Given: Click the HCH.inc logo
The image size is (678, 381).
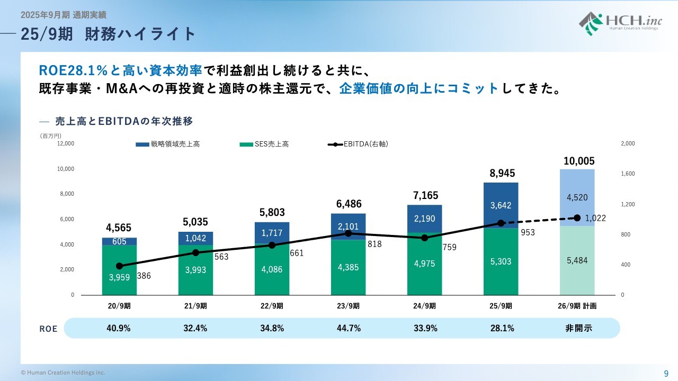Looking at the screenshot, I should point(619,23).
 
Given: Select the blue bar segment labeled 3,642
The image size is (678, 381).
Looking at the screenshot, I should point(501,205).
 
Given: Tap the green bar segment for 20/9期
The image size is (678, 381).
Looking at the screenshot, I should point(119,270).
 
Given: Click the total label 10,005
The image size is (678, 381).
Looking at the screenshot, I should point(579,161).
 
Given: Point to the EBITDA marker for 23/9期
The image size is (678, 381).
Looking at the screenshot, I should point(348,233).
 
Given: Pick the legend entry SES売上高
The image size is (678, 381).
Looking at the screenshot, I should point(264,144).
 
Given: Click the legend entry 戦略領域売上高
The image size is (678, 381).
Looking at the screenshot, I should point(168,144).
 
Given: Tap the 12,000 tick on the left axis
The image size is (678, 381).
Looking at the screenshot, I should point(66,143).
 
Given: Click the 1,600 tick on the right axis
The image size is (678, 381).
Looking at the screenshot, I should point(627,174).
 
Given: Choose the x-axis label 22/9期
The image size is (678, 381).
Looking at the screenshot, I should point(272,306).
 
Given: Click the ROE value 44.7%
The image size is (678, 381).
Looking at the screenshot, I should point(348,328).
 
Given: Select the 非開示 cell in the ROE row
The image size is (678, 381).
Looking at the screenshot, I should point(578,328).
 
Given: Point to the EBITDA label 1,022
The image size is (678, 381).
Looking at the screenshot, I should point(596,218).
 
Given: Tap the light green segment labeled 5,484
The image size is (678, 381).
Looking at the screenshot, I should point(577,260).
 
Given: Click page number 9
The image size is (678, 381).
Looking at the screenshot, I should point(666,373).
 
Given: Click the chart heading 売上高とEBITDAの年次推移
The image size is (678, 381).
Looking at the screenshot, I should point(123,121).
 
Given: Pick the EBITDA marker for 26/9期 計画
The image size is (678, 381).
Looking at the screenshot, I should point(577,217).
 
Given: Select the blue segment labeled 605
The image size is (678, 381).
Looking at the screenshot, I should point(119,241).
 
